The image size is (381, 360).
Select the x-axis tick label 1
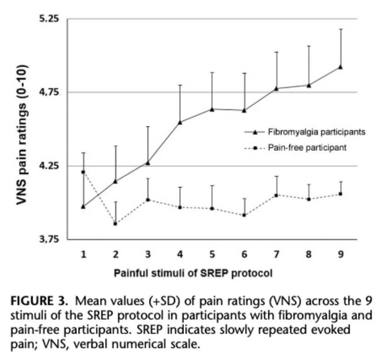point(83,254)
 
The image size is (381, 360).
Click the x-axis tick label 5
point(212,254)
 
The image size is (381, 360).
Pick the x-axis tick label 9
point(340,254)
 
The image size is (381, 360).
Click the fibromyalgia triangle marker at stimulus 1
point(83,206)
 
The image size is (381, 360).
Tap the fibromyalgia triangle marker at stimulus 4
point(180,122)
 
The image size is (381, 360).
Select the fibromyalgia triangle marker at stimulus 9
point(340,67)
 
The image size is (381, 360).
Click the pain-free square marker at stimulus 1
point(83,172)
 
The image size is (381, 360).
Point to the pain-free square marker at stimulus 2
point(115,223)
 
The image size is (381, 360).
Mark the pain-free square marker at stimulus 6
point(244,215)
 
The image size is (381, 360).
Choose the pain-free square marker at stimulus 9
point(340,194)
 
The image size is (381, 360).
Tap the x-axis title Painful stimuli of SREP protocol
point(193,274)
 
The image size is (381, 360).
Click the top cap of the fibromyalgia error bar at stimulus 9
point(340,29)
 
